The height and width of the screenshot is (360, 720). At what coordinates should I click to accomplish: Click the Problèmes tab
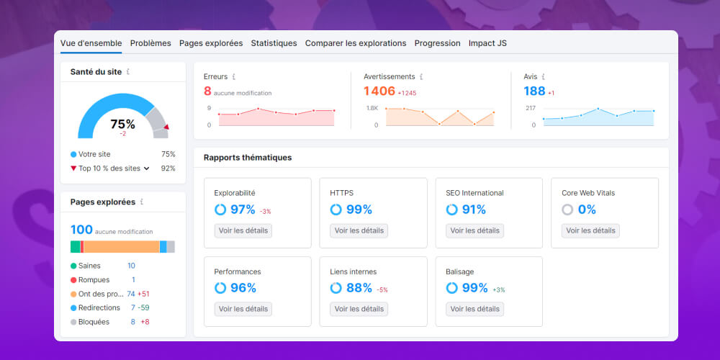150,43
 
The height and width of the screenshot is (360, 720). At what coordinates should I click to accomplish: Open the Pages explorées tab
211,43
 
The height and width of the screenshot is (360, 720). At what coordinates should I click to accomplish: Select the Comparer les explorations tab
356,43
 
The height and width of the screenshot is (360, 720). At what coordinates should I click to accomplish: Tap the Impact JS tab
487,43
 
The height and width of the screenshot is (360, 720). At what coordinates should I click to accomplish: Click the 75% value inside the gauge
122,124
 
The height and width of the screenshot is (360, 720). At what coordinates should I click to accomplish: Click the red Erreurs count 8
207,91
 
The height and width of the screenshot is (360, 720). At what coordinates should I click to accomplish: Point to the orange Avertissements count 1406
379,91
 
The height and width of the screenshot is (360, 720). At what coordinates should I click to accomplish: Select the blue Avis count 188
534,91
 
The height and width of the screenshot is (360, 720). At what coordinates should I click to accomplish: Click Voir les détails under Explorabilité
243,230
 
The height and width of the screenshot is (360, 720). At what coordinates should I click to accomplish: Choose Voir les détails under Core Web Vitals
590,230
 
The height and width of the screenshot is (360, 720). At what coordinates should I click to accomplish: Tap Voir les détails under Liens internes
359,309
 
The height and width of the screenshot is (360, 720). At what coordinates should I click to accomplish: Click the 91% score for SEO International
474,210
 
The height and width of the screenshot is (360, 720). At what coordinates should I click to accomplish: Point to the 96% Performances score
243,288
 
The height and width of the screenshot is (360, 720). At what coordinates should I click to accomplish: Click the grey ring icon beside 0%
567,210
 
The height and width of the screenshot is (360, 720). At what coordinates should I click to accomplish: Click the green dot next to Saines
73,266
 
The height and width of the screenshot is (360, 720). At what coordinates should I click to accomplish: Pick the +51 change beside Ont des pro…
143,294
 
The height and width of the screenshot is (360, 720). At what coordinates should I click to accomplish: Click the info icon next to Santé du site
128,72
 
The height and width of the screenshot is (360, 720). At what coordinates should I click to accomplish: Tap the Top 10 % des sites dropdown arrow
147,168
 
